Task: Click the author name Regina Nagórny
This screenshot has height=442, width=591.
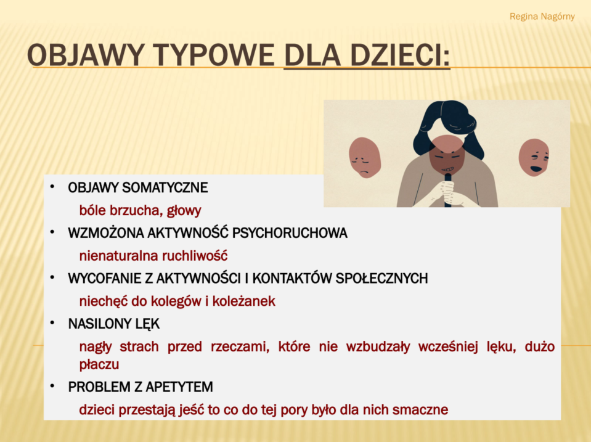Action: (x=542, y=17)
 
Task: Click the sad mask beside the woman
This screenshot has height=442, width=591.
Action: (x=364, y=158)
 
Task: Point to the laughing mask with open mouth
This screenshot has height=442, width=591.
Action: (x=534, y=157)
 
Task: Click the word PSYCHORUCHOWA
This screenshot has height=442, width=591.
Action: (x=290, y=233)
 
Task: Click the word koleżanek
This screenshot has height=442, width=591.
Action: (x=243, y=301)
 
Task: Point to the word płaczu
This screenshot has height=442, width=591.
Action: (x=99, y=365)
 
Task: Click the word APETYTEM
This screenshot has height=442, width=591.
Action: (x=179, y=387)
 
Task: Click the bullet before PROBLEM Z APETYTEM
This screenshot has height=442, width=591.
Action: (x=52, y=386)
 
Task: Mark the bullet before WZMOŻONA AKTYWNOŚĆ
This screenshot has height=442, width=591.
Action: (x=52, y=232)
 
